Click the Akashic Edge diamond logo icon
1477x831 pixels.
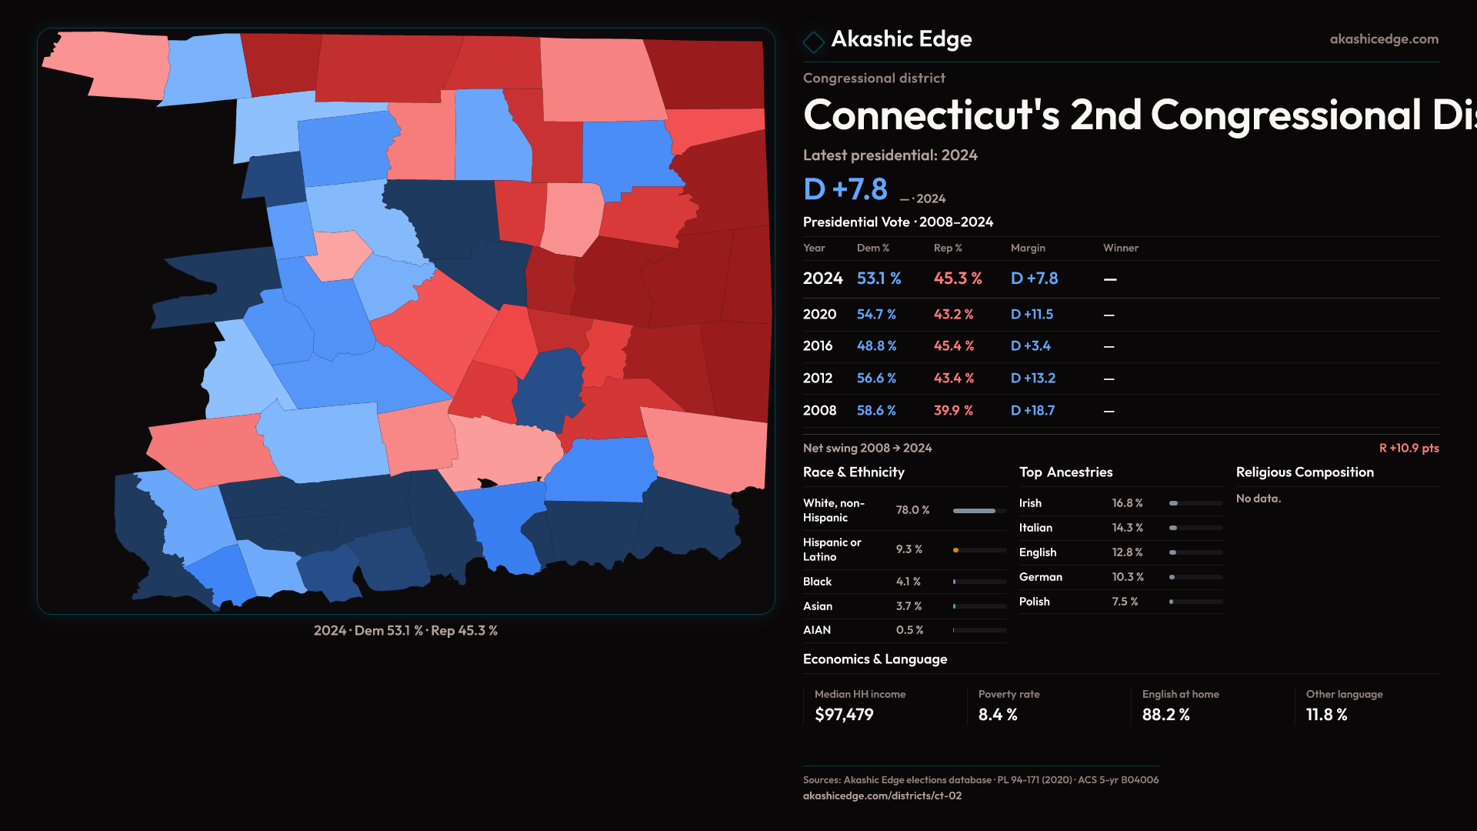(813, 42)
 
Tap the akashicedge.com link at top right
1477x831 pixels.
(1383, 39)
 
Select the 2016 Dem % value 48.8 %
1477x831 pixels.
(876, 346)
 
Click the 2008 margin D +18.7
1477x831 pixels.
(1032, 411)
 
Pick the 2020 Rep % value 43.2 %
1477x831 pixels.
(953, 315)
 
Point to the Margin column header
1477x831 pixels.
(1028, 248)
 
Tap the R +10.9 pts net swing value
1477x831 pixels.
(1409, 448)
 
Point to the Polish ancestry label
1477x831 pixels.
(1034, 602)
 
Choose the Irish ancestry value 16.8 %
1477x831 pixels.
(1127, 503)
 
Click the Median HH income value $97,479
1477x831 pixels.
(844, 715)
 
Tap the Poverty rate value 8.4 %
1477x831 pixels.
(998, 715)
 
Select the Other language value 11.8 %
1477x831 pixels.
(1326, 715)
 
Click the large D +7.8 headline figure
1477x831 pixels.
(845, 189)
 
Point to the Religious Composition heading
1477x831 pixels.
(1304, 472)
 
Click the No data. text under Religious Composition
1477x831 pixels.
(1258, 499)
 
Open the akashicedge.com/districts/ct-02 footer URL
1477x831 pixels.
(882, 796)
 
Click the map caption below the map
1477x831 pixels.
(405, 631)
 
